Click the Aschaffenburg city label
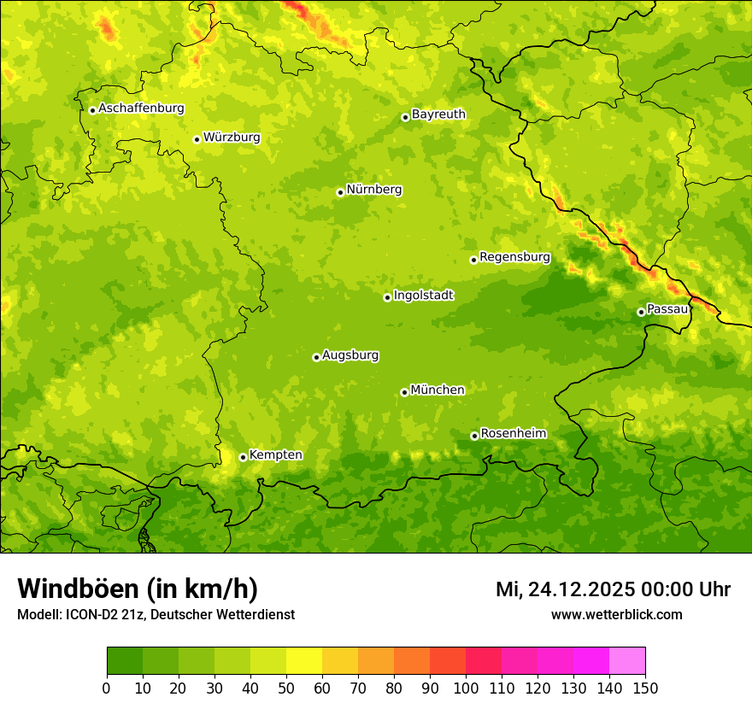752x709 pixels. click(x=141, y=108)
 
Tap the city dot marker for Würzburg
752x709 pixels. click(x=197, y=139)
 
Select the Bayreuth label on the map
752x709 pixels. click(x=438, y=114)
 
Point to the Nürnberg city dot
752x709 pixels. click(x=340, y=192)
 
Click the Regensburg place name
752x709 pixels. click(x=514, y=256)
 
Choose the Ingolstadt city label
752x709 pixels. click(x=423, y=296)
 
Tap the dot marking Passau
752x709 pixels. click(x=641, y=312)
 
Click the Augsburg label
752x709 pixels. click(x=350, y=355)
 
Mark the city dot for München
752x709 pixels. click(x=404, y=392)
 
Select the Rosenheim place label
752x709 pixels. click(x=513, y=433)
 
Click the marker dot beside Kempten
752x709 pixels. click(x=243, y=457)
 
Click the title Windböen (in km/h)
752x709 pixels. click(x=137, y=589)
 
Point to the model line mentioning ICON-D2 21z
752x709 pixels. click(x=156, y=614)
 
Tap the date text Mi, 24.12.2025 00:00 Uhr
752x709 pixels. click(x=613, y=589)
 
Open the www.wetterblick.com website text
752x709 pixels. click(x=616, y=614)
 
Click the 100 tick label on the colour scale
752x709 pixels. click(x=465, y=688)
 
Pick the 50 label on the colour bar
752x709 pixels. click(x=285, y=688)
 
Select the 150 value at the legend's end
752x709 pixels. click(x=644, y=688)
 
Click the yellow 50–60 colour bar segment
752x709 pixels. click(x=303, y=661)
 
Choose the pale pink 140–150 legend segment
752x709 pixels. click(x=626, y=661)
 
